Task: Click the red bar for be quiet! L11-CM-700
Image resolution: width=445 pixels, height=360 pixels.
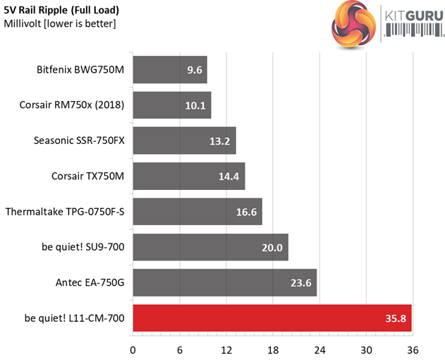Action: point(272,318)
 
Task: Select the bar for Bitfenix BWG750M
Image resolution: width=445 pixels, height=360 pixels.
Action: point(169,70)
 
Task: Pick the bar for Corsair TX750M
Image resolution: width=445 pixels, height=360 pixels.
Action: point(188,176)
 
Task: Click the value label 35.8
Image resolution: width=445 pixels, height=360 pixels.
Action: point(396,318)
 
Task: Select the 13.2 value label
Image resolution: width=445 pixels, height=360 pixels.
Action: point(220,141)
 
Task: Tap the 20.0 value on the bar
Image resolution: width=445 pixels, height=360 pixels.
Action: point(272,247)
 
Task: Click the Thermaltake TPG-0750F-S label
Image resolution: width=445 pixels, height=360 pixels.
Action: point(65,211)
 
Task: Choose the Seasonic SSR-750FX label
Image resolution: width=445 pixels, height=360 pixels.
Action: point(79,140)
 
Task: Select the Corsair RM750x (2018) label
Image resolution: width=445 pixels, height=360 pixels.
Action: point(72,105)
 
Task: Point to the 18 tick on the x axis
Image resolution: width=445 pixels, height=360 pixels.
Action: point(273,349)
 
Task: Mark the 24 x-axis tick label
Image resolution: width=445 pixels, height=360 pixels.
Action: point(319,349)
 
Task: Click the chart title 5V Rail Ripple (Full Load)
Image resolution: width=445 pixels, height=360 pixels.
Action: point(61,11)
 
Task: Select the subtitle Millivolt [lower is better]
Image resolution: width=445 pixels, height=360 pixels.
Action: point(60,24)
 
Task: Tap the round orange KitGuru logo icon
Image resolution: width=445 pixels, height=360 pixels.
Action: point(355,25)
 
